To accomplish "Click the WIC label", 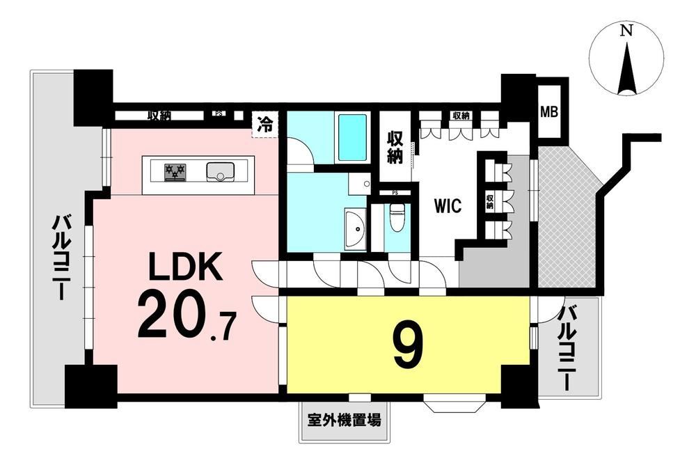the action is pos(448,206).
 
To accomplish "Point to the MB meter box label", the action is pos(549,112).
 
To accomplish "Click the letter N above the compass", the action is pos(626,30).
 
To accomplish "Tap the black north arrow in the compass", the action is pos(626,68).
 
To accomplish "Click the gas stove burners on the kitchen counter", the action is pos(175,172).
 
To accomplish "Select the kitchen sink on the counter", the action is pos(220,172).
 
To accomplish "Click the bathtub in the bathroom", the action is pos(352,138).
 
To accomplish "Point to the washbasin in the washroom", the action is pos(355,228).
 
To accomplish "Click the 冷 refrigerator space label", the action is pos(265,125).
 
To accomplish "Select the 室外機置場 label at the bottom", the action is pos(344,420).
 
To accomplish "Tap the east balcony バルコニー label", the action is pos(567,348).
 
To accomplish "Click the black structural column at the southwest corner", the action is pos(91,386).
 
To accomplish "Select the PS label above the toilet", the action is pos(395,193).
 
